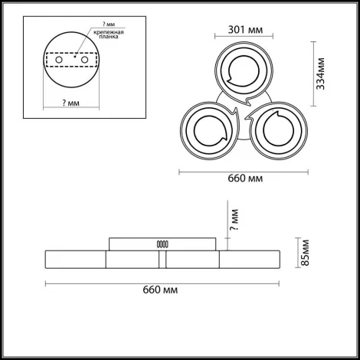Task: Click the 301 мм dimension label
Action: click(245, 30)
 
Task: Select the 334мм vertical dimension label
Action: click(320, 74)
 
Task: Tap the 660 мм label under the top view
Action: click(245, 178)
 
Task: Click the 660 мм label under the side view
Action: click(160, 290)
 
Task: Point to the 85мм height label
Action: click(305, 253)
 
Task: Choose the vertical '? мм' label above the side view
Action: click(234, 220)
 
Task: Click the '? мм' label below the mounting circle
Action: click(70, 103)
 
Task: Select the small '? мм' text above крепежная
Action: click(109, 25)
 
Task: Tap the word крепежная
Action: click(109, 32)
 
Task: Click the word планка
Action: click(109, 37)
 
